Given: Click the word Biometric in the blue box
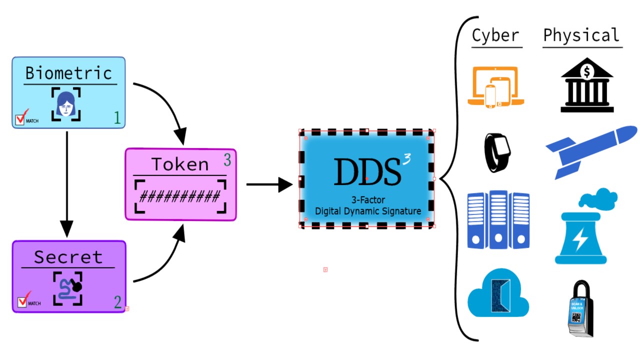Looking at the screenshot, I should (x=69, y=73).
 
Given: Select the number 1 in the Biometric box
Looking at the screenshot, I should (x=117, y=118).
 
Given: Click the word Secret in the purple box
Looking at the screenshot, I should (x=68, y=257).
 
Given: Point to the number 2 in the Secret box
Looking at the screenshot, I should (x=117, y=302).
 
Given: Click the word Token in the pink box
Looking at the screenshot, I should (x=180, y=164).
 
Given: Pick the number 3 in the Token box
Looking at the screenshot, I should (x=227, y=160).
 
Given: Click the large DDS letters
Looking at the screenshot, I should (x=367, y=171).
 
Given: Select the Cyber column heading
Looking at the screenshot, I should (x=495, y=36).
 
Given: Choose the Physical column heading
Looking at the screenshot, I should (x=581, y=35).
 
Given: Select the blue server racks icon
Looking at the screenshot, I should (x=498, y=219).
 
